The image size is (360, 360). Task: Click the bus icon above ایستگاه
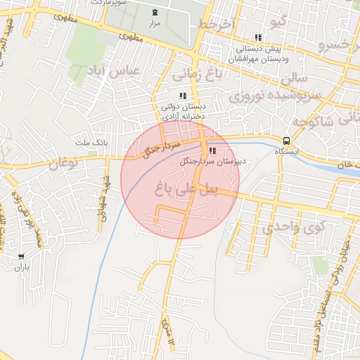[x=286, y=140]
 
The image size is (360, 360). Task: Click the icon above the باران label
[x=22, y=257]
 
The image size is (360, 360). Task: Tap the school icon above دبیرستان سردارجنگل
[x=212, y=150]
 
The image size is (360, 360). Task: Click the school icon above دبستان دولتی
[x=183, y=96]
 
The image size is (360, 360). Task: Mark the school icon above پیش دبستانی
[x=258, y=37]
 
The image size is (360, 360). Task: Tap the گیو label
[x=279, y=21]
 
